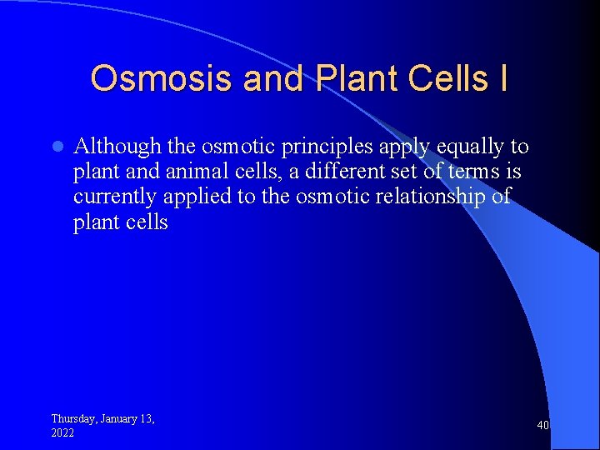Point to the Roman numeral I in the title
(502, 78)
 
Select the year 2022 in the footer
(62, 433)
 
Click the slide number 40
(542, 426)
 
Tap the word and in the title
(273, 78)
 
